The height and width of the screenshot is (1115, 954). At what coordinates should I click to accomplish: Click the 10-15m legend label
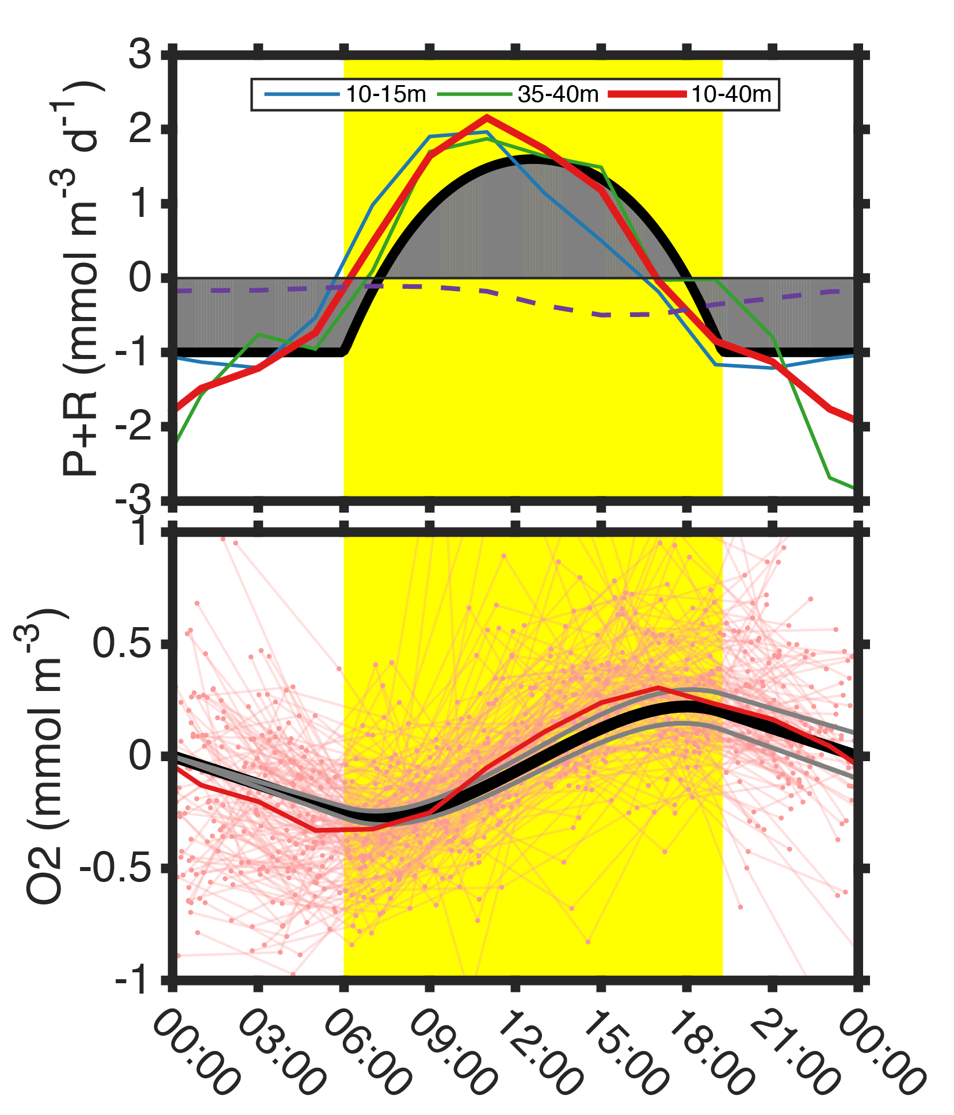pyautogui.click(x=386, y=94)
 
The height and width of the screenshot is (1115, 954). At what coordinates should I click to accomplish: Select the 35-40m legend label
pyautogui.click(x=558, y=94)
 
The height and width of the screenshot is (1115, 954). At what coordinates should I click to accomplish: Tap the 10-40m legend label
pyautogui.click(x=731, y=94)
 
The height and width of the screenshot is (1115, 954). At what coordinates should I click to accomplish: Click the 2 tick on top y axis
pyautogui.click(x=140, y=130)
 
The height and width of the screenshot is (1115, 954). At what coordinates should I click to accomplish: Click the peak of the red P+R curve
pyautogui.click(x=487, y=117)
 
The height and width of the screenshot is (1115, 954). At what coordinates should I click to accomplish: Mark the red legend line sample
pyautogui.click(x=647, y=94)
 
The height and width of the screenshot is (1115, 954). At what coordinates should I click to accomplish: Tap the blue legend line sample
pyautogui.click(x=302, y=94)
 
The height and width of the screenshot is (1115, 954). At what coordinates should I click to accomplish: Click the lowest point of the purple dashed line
pyautogui.click(x=602, y=315)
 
